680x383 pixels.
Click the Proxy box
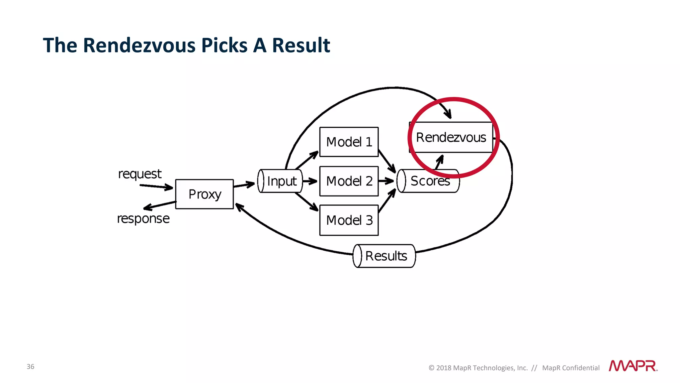[x=205, y=194]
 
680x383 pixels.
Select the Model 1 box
[x=349, y=142]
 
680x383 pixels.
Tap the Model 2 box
[x=349, y=181]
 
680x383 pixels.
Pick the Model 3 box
[x=349, y=220]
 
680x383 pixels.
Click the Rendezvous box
[x=451, y=137]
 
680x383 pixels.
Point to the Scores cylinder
[x=428, y=181]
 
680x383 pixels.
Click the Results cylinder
[x=384, y=256]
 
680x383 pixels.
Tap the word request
[x=140, y=174]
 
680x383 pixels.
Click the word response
[x=143, y=219]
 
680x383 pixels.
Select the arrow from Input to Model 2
[x=310, y=181]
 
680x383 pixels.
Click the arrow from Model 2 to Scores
[x=386, y=181]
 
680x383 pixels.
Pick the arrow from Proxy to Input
[x=244, y=185]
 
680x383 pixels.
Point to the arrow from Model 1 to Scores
[x=387, y=161]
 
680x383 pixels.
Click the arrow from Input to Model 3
[x=307, y=202]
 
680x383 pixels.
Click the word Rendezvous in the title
[x=140, y=45]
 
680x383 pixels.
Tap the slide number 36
[x=31, y=367]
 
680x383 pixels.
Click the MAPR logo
[x=633, y=366]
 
